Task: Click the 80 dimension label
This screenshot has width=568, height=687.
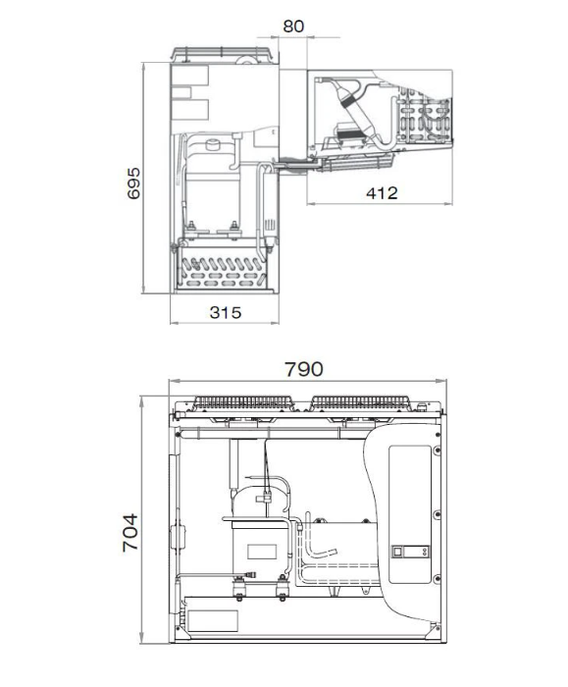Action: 293,26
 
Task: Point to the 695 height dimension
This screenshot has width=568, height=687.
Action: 133,184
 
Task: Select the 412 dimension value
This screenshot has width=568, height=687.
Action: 382,193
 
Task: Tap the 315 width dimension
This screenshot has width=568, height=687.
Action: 225,312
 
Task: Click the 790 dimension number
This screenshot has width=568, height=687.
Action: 304,369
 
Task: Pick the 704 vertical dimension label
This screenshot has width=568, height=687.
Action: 130,532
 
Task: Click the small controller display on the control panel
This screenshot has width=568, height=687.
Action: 410,552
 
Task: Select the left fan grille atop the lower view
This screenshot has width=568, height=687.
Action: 243,403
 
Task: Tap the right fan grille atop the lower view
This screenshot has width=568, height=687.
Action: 360,403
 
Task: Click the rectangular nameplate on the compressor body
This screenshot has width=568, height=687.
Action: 262,552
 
